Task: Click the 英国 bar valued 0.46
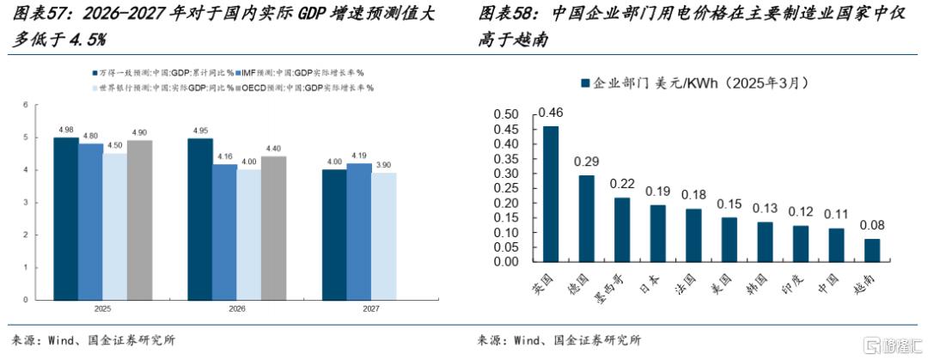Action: tap(551, 193)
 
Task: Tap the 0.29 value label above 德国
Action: tap(587, 162)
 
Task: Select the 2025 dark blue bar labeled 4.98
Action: tap(66, 218)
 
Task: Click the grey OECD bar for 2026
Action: tap(273, 229)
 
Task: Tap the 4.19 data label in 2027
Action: tap(359, 156)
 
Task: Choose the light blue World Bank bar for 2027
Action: tap(384, 236)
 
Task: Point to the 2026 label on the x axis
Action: tap(237, 308)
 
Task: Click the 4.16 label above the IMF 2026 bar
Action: tap(225, 156)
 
